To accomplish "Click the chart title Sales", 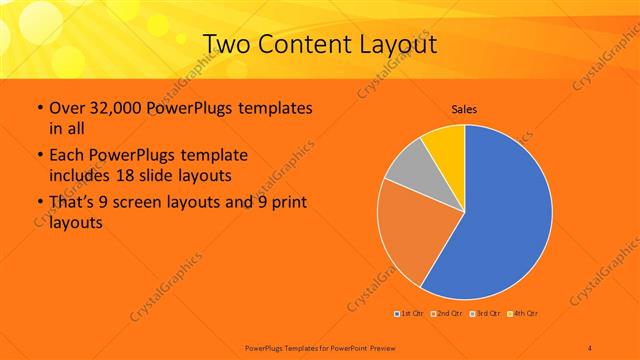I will click(x=464, y=107).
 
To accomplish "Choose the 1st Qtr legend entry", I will click(x=410, y=314).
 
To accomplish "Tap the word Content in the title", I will click(x=312, y=44).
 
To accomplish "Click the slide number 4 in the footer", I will click(x=590, y=346).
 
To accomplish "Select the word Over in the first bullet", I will click(x=66, y=108).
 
